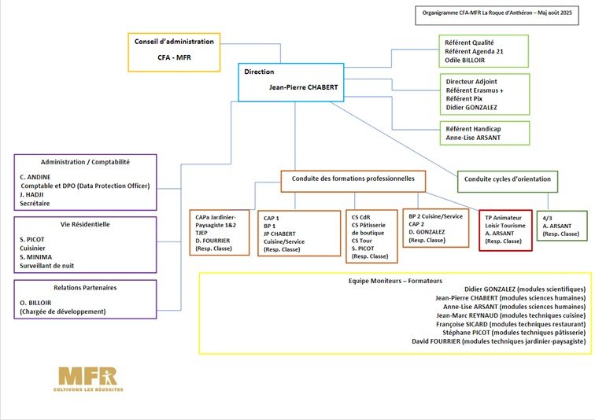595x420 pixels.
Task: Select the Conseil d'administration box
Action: point(174,52)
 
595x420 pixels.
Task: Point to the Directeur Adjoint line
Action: point(471,81)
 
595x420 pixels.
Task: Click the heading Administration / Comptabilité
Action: point(86,162)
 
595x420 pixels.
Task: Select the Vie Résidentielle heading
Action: point(86,224)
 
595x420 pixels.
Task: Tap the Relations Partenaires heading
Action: point(86,288)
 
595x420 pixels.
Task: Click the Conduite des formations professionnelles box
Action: point(353,180)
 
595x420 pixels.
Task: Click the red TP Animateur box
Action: point(505,230)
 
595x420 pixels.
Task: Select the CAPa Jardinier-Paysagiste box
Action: point(221,231)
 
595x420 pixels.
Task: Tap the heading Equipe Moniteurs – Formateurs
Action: point(395,281)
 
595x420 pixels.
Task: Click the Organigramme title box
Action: point(502,13)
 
